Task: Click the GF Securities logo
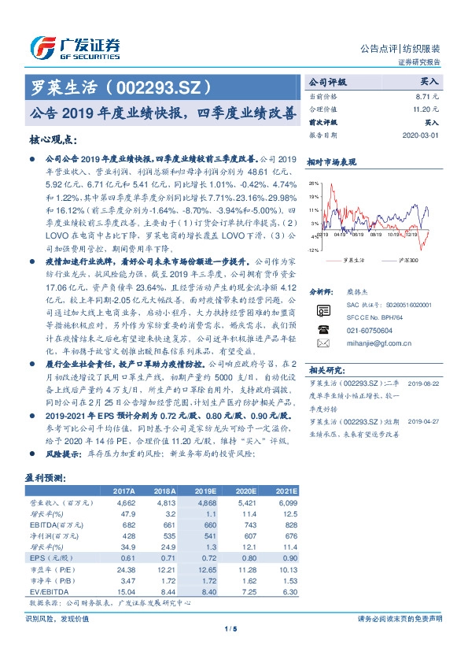pyautogui.click(x=75, y=46)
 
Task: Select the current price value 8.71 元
pyautogui.click(x=428, y=95)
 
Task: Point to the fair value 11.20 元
pyautogui.click(x=426, y=109)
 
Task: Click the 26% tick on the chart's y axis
pyautogui.click(x=313, y=183)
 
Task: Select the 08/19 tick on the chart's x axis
pyautogui.click(x=357, y=235)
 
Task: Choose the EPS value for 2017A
pyautogui.click(x=127, y=557)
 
